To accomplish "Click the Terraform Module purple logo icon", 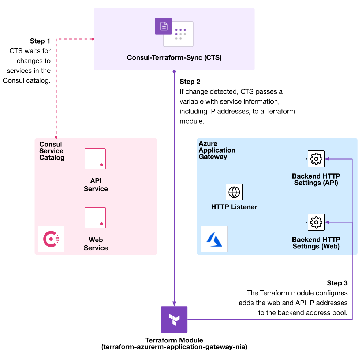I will tap(174, 319).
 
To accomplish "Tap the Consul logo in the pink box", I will tap(51, 239).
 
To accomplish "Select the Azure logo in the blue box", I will tap(214, 239).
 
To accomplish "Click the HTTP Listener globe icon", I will tap(234, 192).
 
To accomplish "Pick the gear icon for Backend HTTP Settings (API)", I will tap(316, 159).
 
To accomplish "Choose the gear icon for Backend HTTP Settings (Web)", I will tap(316, 222).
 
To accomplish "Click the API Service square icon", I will tap(95, 158).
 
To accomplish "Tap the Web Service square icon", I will tap(95, 218).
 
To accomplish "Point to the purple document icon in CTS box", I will tap(163, 26).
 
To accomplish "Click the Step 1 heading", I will tap(40, 41).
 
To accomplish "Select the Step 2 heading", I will tap(190, 82).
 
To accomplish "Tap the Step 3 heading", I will tap(337, 283).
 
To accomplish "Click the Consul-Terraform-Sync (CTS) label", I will tap(174, 58).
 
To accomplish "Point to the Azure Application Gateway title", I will tap(217, 150).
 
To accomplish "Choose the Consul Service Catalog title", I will tap(52, 151).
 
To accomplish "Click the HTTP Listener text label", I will tap(234, 207).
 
